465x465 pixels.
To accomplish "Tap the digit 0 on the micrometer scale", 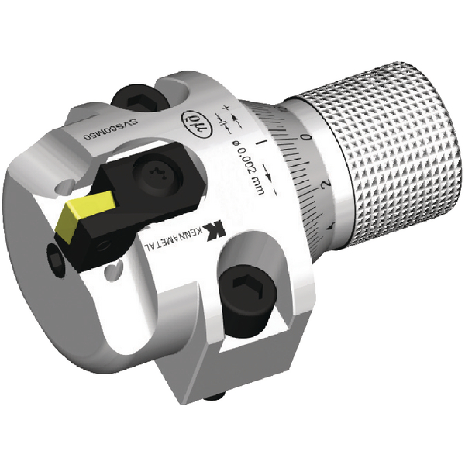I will [x=308, y=136].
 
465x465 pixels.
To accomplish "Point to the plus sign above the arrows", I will [x=229, y=106].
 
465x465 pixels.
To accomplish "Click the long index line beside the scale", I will [x=264, y=143].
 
